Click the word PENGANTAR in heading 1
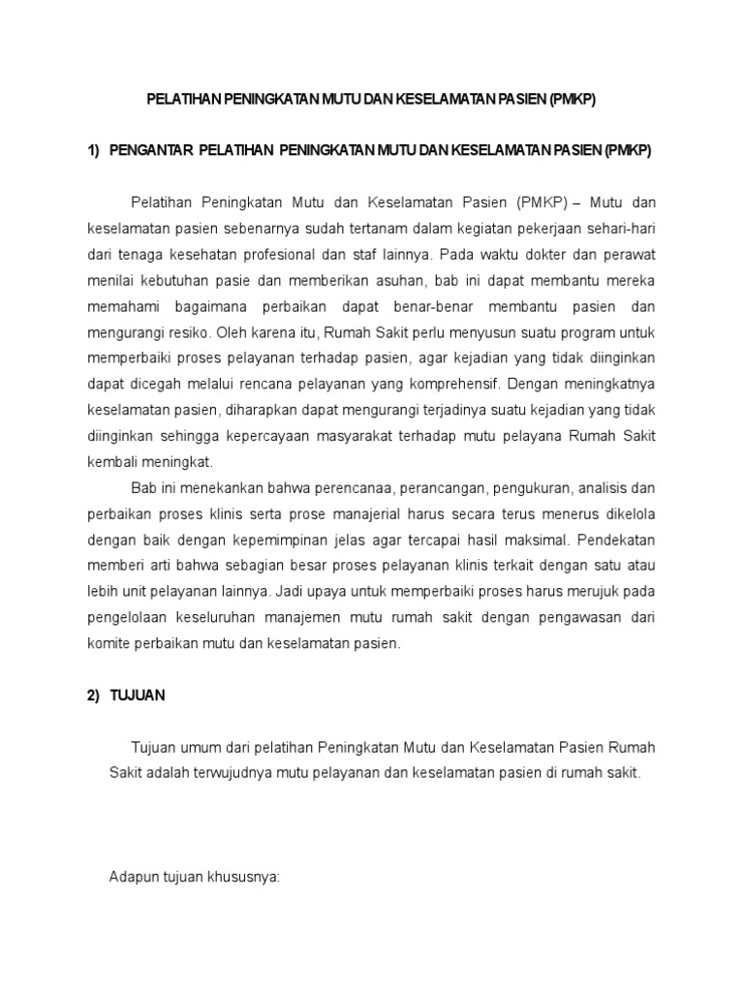151,150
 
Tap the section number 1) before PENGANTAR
94,150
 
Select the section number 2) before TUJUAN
94,696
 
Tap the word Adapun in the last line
133,877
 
